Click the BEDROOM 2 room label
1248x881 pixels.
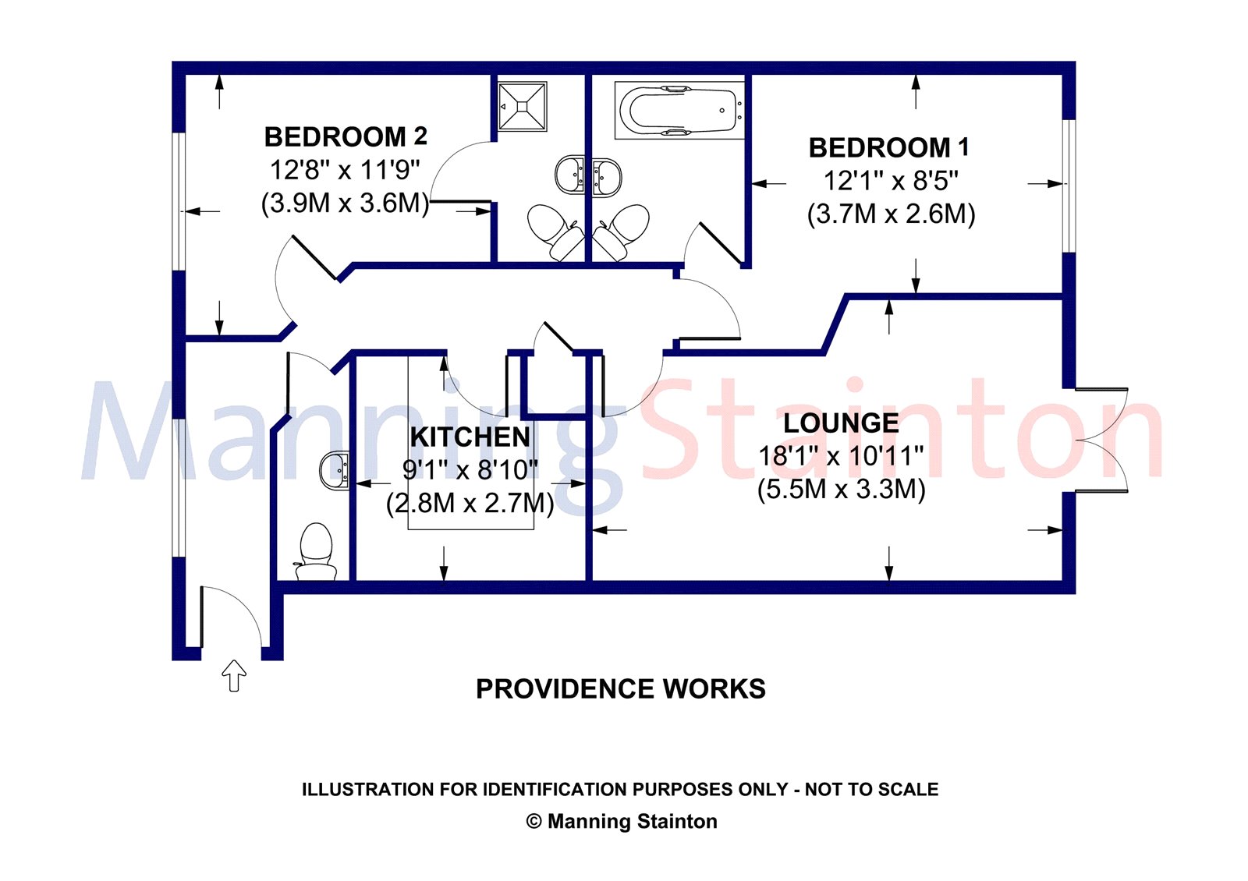(x=346, y=137)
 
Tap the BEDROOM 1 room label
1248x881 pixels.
(x=889, y=147)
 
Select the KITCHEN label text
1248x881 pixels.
(x=470, y=437)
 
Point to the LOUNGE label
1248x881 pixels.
(x=841, y=423)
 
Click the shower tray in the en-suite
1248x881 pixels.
(x=522, y=106)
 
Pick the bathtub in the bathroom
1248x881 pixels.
(x=679, y=110)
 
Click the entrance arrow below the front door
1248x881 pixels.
(x=234, y=675)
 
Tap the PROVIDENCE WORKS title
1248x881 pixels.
(x=621, y=689)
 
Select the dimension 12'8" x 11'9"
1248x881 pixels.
(x=345, y=170)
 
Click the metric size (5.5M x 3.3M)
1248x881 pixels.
(x=842, y=490)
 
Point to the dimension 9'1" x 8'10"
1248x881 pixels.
(x=470, y=471)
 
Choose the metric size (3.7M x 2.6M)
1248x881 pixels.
(x=891, y=214)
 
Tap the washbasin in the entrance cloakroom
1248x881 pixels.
(x=335, y=471)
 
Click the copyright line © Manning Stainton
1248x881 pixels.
(x=622, y=822)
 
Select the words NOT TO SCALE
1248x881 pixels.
(x=872, y=789)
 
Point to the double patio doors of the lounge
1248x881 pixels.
(x=1101, y=440)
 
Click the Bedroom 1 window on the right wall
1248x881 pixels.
(x=1069, y=186)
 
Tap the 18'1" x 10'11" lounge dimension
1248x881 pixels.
(x=842, y=457)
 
